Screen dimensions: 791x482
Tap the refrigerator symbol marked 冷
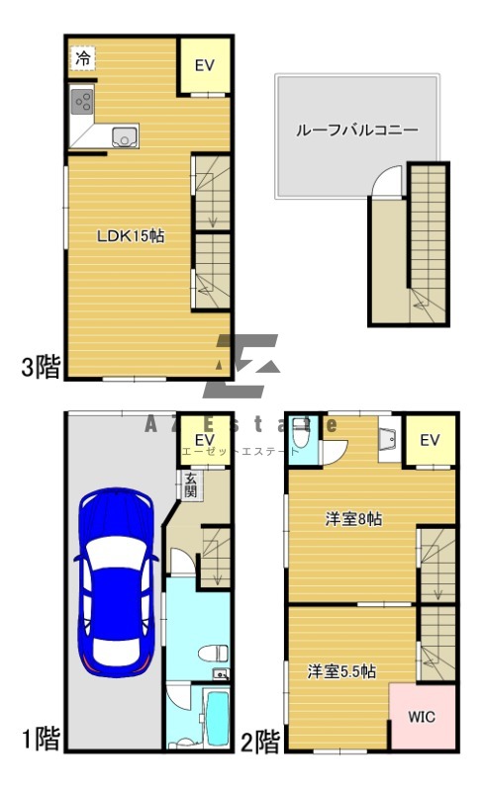[83, 58]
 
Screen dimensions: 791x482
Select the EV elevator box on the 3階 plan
[205, 65]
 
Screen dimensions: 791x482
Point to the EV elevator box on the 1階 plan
[205, 440]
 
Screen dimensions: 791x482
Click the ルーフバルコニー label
[357, 130]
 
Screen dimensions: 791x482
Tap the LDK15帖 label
[130, 236]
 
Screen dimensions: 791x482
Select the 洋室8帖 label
[354, 518]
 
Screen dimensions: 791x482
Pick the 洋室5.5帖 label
[340, 670]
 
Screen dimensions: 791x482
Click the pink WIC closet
[422, 717]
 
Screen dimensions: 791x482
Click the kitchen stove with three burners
[82, 101]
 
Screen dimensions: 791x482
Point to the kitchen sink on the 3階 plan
[124, 138]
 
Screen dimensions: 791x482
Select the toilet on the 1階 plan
[213, 653]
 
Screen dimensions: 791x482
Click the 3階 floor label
[41, 369]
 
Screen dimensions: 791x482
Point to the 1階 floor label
[41, 739]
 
